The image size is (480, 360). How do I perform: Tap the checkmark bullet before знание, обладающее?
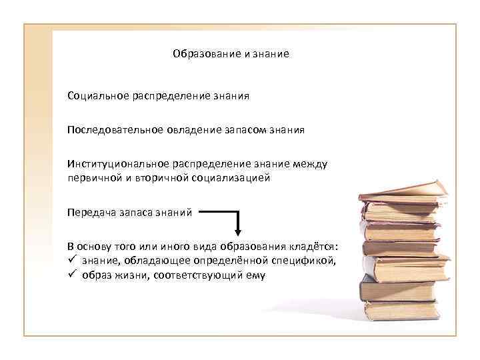tap(71, 260)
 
